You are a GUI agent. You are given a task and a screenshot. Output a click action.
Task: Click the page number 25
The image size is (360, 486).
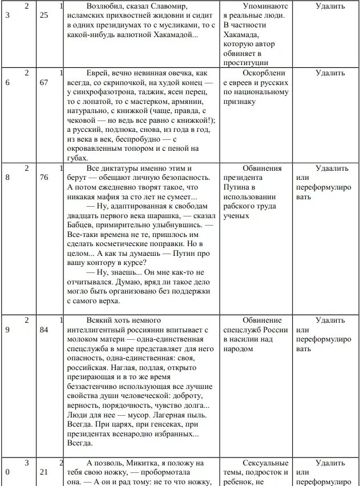tap(44, 16)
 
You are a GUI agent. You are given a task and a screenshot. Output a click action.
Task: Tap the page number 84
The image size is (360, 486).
tap(44, 330)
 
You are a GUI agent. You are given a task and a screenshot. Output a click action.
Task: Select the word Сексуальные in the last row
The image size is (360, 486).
tap(265, 463)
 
